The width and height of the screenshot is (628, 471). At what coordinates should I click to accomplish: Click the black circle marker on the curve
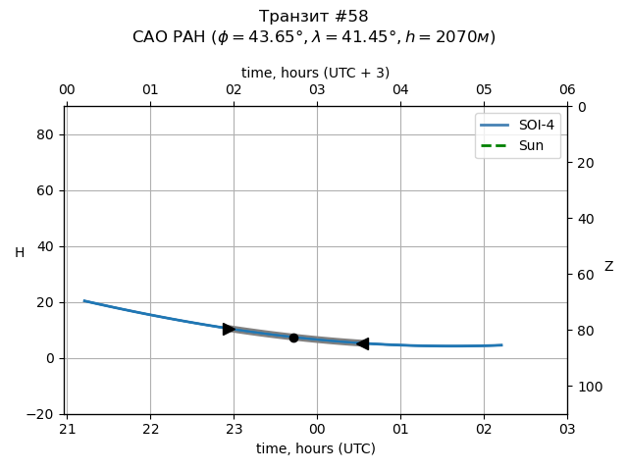pyautogui.click(x=293, y=338)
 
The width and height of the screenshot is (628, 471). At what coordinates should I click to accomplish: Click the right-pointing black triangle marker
pyautogui.click(x=229, y=329)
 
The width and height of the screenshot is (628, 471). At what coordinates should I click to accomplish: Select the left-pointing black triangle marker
pyautogui.click(x=362, y=343)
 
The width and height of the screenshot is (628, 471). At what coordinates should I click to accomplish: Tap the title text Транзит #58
pyautogui.click(x=314, y=17)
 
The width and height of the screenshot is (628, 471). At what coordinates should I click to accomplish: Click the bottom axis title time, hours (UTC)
pyautogui.click(x=316, y=448)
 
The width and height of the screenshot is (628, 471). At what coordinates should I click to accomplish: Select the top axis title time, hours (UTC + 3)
pyautogui.click(x=316, y=73)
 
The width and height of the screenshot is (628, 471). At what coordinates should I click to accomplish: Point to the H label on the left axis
pyautogui.click(x=20, y=253)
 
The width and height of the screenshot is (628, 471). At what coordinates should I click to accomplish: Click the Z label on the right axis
pyautogui.click(x=608, y=267)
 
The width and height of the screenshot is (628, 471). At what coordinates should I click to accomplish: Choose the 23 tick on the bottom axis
pyautogui.click(x=234, y=430)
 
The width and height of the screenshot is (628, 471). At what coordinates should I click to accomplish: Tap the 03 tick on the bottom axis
pyautogui.click(x=567, y=430)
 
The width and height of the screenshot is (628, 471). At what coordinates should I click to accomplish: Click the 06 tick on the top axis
pyautogui.click(x=567, y=90)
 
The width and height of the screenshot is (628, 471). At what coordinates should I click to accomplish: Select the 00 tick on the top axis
pyautogui.click(x=67, y=90)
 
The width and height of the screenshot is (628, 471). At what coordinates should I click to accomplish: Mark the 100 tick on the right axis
pyautogui.click(x=587, y=387)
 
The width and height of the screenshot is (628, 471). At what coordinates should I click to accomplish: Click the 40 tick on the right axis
pyautogui.click(x=583, y=219)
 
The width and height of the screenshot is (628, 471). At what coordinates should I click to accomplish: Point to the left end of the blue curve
pyautogui.click(x=84, y=300)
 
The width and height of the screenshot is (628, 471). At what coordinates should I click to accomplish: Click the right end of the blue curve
pyautogui.click(x=501, y=344)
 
